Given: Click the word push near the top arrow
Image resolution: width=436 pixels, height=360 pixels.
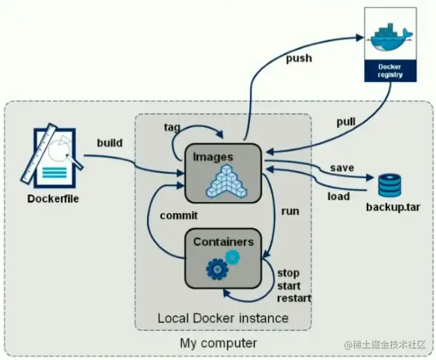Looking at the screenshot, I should coord(299,58).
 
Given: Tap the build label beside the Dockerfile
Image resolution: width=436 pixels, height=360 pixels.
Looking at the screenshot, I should coord(109,143).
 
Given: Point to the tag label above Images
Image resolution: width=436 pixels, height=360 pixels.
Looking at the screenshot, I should coord(172,127).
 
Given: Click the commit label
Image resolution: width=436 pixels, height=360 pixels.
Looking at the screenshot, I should coord(179,215).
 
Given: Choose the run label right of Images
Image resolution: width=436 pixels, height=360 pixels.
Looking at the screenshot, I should coord(290,211).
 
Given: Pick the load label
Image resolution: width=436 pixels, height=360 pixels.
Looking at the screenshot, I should coord(338,196).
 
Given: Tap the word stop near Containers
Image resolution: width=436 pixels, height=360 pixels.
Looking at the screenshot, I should coord(288,273).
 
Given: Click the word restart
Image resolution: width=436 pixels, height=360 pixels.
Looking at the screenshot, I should coord(294,298).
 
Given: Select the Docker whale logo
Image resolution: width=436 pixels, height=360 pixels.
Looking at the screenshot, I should coord(390,36).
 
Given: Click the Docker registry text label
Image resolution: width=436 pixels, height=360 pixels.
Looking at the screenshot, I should coord(389,70).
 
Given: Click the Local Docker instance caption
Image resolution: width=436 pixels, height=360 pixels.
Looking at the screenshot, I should coord(222,318).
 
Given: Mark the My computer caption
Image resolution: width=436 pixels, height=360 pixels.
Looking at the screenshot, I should coord(218,342).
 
